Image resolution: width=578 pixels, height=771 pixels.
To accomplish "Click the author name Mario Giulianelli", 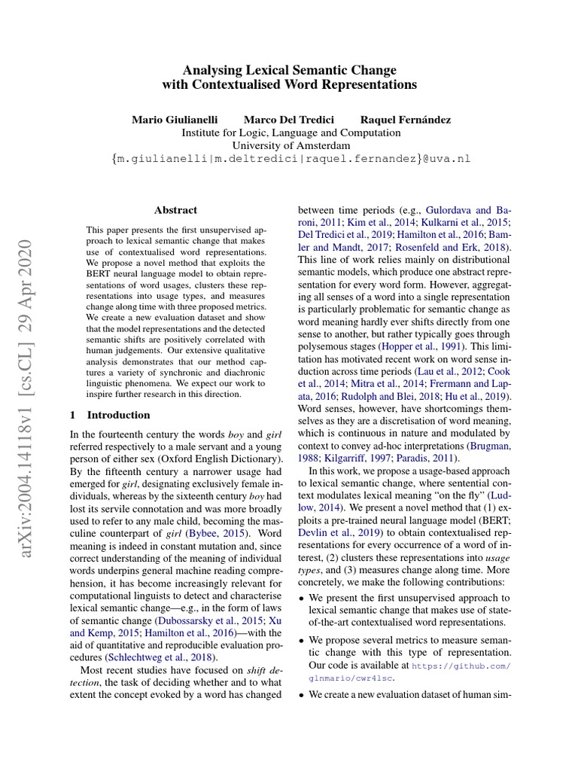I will (x=176, y=120).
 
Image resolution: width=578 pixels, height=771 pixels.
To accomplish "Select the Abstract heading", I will (x=175, y=210).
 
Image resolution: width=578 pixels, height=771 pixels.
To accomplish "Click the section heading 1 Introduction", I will (x=110, y=415).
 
